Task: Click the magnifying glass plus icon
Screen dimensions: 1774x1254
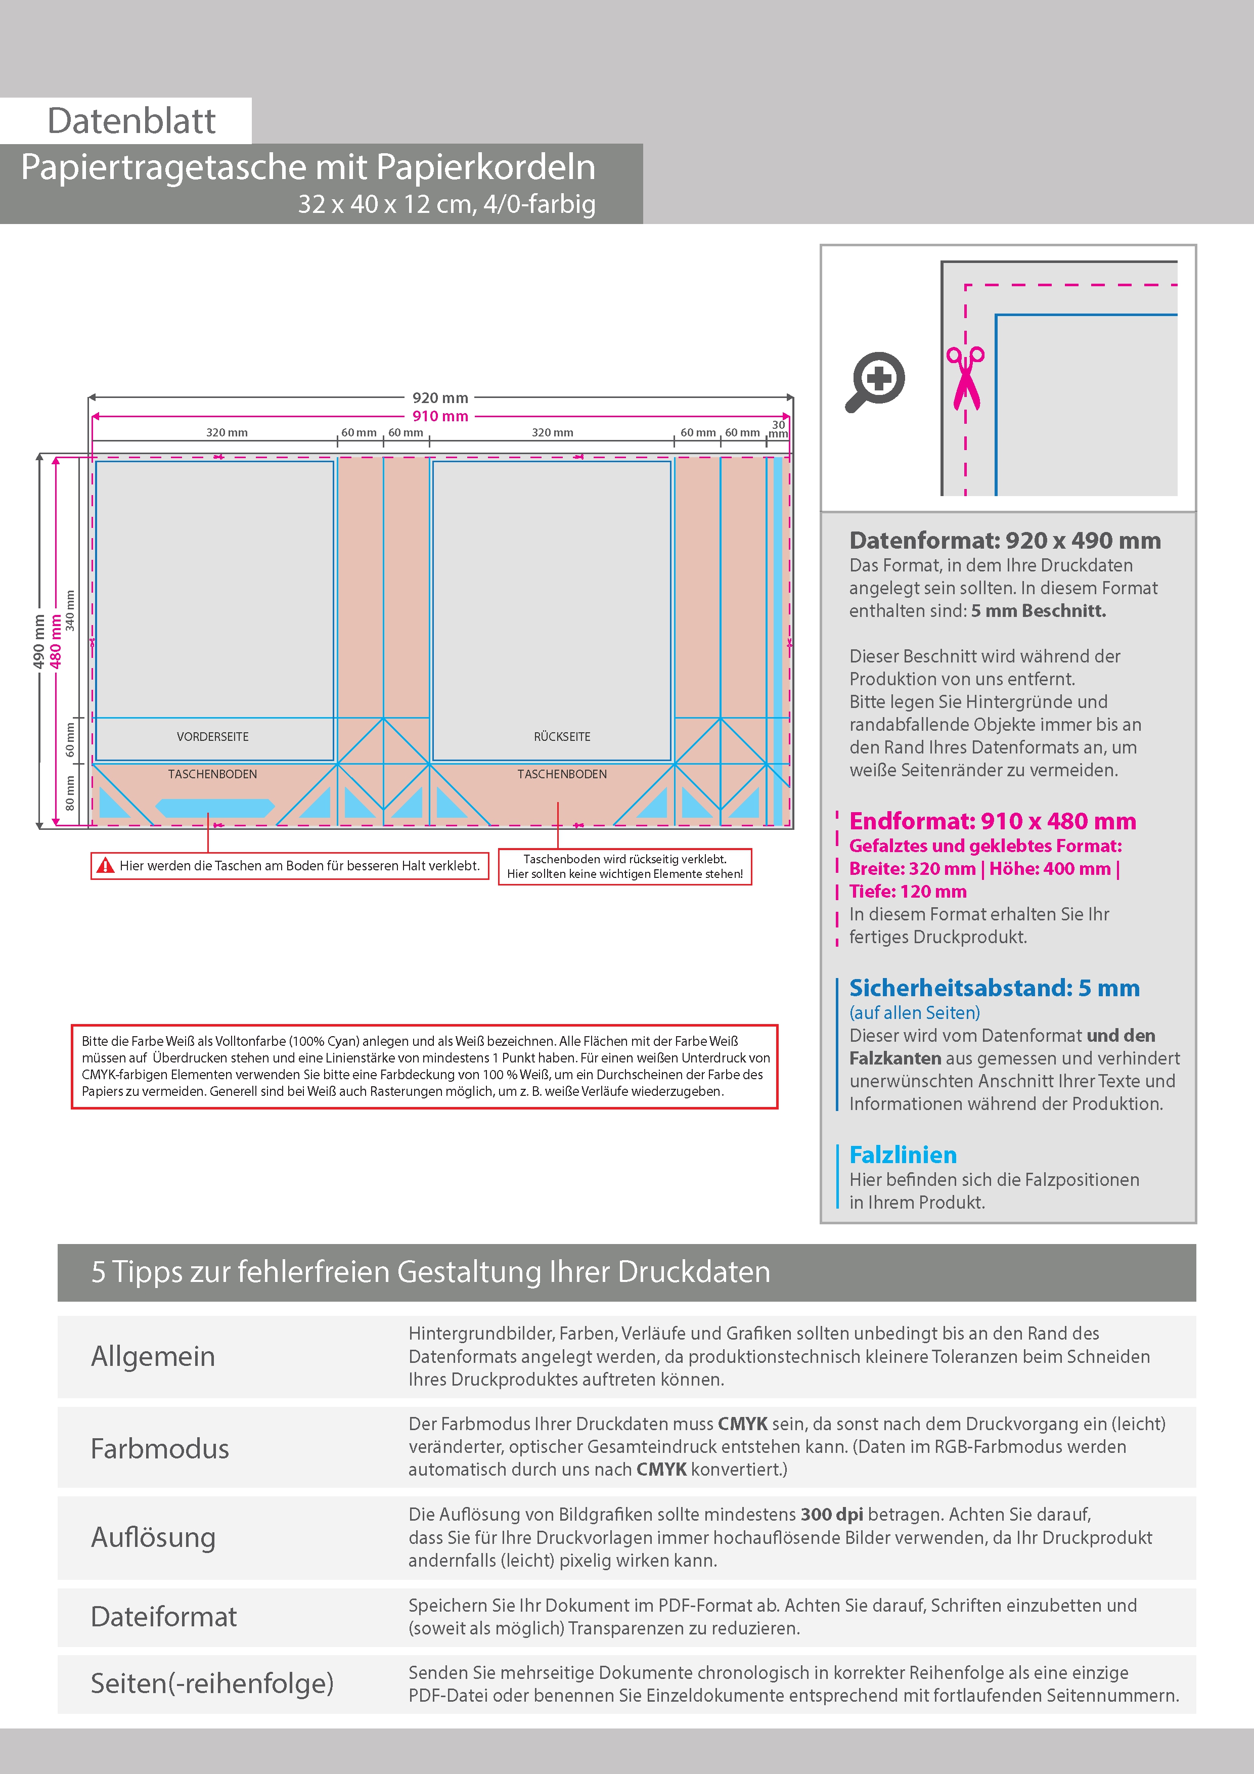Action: coord(875,381)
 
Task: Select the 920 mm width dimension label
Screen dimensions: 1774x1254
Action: coord(439,398)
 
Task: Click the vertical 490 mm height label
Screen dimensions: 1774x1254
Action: coord(38,641)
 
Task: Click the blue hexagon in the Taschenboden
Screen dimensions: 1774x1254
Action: coord(215,808)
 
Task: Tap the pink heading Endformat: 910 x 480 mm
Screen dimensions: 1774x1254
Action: coord(992,821)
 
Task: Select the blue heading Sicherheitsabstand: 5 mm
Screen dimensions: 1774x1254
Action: coord(994,988)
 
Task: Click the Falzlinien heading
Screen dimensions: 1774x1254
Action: coord(903,1155)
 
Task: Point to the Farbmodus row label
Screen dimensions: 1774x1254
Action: coord(160,1449)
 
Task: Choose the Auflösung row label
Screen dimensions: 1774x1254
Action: coord(153,1537)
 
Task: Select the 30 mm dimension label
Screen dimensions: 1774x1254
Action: coord(778,429)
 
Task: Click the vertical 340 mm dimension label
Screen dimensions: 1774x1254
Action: coord(70,610)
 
